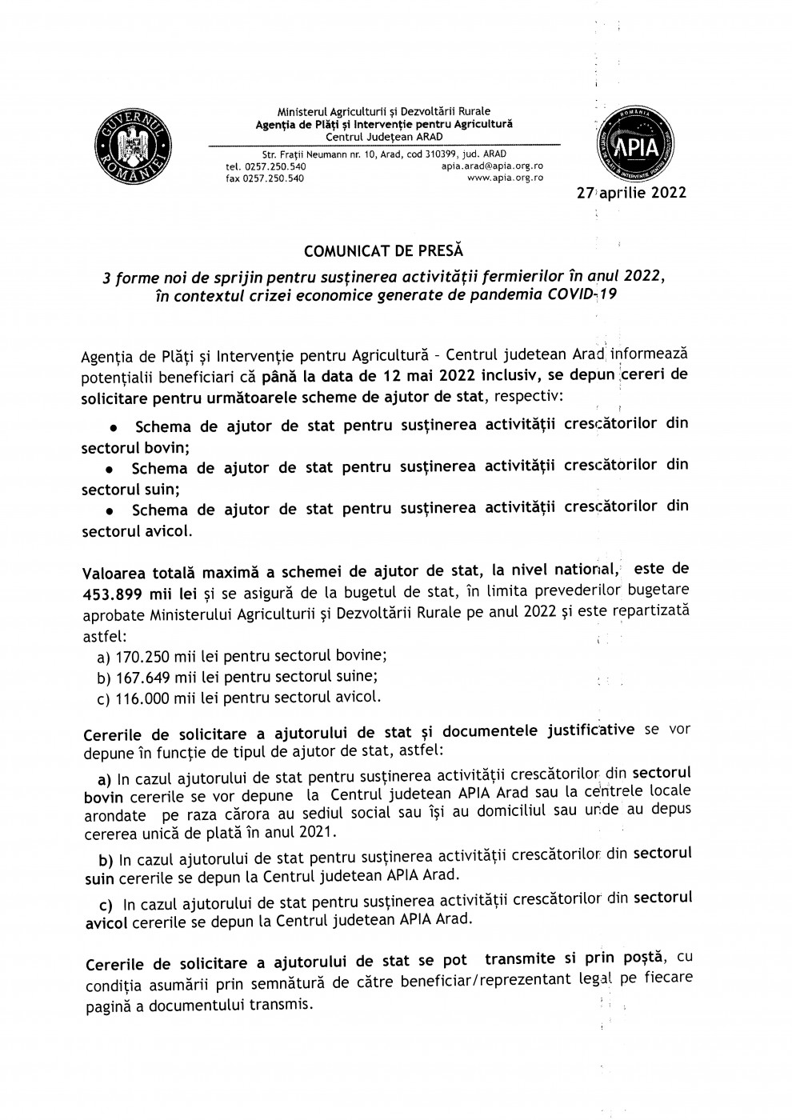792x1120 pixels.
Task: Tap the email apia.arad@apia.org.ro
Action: [x=492, y=166]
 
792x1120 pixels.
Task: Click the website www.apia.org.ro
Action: [x=505, y=178]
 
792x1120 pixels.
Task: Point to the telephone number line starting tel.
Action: [x=266, y=166]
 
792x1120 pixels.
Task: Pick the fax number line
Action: [x=265, y=178]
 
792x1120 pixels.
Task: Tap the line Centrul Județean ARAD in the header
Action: [x=383, y=135]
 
